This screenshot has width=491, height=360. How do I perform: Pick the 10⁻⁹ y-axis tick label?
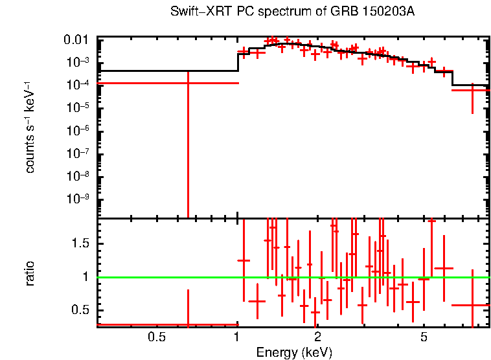coord(80,199)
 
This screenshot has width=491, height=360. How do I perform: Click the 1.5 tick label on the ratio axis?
coord(82,243)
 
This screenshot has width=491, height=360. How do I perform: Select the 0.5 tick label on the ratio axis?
coord(82,310)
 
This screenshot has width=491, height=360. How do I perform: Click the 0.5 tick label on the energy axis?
coord(156,337)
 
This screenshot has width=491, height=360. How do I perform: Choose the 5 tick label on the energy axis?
coord(424,337)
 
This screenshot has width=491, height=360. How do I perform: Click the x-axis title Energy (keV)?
coord(294,352)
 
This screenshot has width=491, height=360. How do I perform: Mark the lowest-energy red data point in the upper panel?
coord(188,83)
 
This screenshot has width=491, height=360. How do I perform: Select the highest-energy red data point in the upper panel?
coord(473,90)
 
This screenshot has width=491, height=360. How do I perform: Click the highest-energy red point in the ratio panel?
coord(473,305)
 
